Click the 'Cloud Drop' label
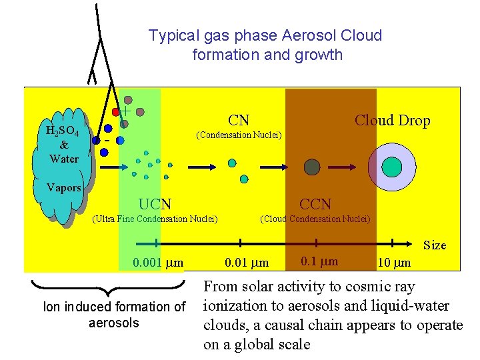[x=392, y=121]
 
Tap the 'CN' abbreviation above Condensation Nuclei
[x=239, y=121]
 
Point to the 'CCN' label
[x=315, y=204]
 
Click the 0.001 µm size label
[x=158, y=262]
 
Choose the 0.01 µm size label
[x=247, y=262]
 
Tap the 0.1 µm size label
[x=319, y=261]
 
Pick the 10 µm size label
[x=394, y=262]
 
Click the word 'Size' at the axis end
[x=435, y=245]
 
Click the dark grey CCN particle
[x=312, y=166]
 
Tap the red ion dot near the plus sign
[x=116, y=111]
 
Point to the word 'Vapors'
[x=64, y=187]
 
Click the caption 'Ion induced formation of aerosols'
[x=114, y=315]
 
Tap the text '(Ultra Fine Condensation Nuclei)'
[x=155, y=218]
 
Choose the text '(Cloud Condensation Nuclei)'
[x=315, y=218]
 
